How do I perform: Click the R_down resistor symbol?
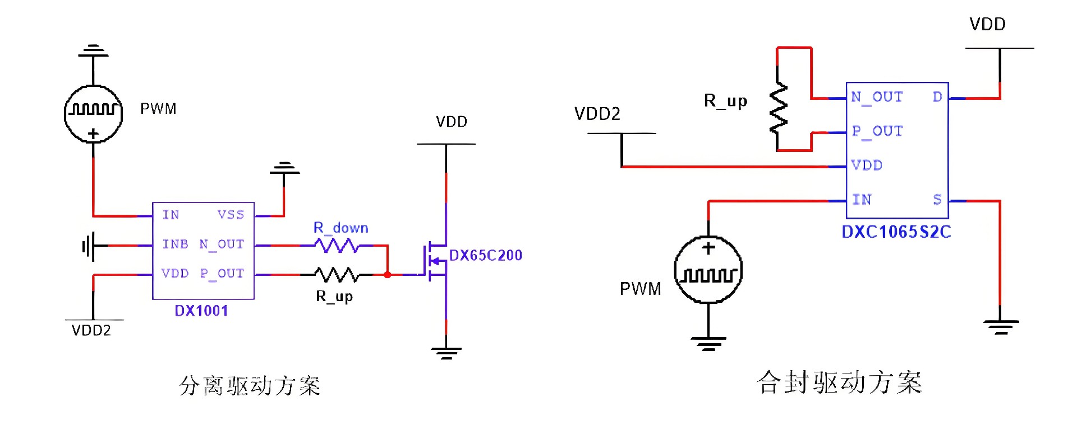(337, 245)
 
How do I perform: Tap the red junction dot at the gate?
(387, 275)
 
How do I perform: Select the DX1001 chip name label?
(201, 311)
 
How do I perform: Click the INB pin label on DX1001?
(175, 244)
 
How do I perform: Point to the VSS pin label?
(231, 215)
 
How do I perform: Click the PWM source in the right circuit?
(708, 270)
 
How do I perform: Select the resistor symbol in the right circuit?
(778, 108)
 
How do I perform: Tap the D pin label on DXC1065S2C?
(937, 97)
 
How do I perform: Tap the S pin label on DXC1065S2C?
(937, 199)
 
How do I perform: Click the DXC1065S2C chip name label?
(896, 232)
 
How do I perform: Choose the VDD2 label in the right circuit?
(597, 114)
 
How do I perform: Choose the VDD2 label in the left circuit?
(91, 330)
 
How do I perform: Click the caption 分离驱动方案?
(250, 386)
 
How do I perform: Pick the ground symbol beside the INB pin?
(88, 246)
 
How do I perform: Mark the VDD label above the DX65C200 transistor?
(451, 122)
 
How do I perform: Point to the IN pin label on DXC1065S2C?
(862, 199)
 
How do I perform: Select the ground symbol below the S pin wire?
(1000, 326)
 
